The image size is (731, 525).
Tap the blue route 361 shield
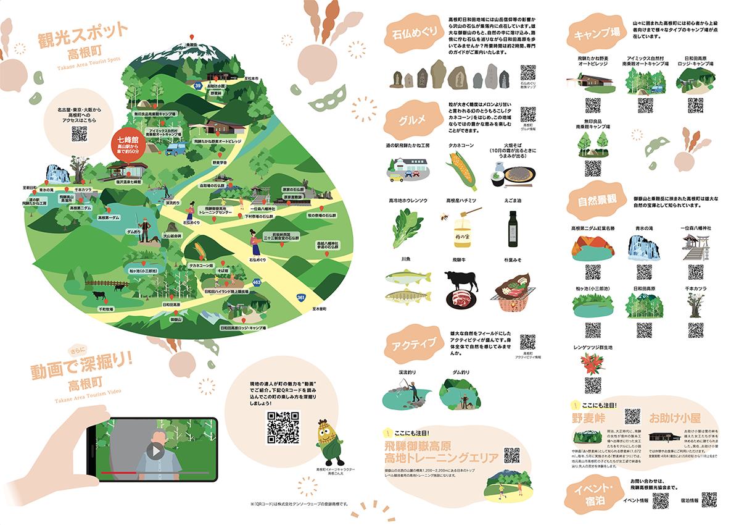[x=300, y=298]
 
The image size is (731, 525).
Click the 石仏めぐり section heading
[x=411, y=33]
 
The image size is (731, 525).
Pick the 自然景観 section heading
[x=597, y=202]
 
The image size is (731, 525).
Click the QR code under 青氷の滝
[x=643, y=272]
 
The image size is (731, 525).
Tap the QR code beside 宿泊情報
[x=709, y=500]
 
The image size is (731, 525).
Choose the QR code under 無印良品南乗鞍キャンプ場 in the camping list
[x=593, y=167]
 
